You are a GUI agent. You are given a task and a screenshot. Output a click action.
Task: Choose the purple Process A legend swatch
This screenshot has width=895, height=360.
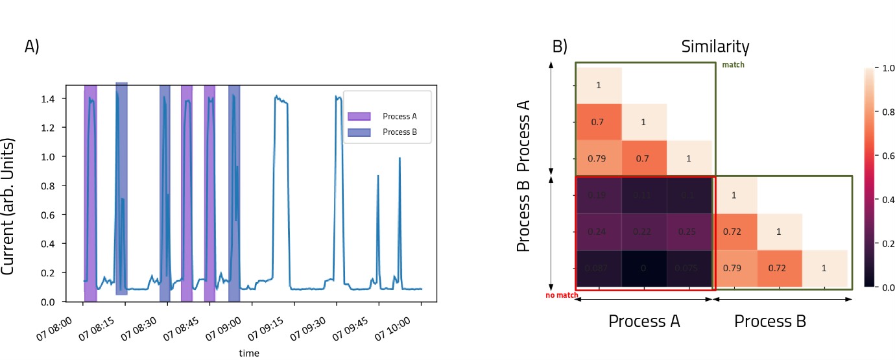pos(359,116)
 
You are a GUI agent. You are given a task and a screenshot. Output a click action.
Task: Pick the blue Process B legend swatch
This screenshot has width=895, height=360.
pos(359,132)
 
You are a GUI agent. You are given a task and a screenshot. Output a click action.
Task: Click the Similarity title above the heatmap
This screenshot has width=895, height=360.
pos(715,47)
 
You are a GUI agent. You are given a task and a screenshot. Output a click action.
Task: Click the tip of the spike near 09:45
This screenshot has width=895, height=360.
pos(378,176)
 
